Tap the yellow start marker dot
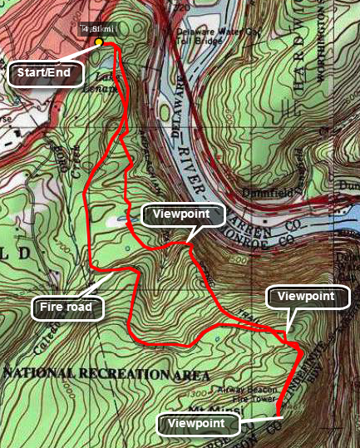pos(99,42)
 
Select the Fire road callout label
pos(69,309)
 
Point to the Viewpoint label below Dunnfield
pos(306,296)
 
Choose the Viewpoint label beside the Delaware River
pos(183,215)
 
